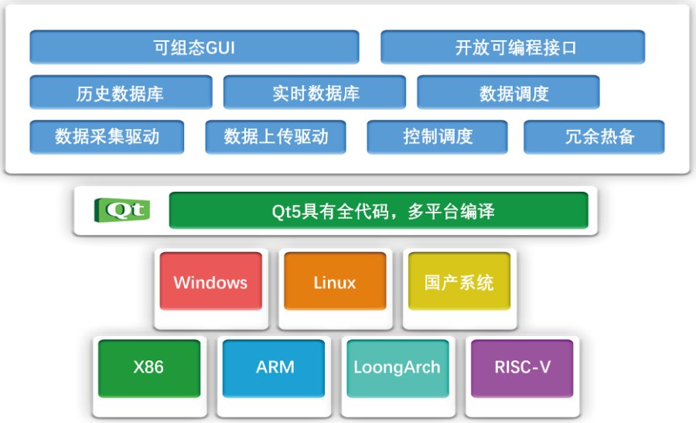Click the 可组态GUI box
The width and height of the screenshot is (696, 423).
click(194, 47)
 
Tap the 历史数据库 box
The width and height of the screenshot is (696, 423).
click(121, 93)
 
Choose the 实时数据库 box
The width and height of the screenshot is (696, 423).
click(315, 93)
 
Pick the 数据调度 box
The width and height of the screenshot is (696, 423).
click(508, 93)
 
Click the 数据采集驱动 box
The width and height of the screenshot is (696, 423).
click(107, 137)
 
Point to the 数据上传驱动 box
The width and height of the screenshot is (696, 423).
click(275, 137)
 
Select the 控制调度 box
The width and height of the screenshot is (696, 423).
click(438, 137)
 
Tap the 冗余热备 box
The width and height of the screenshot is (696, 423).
click(594, 137)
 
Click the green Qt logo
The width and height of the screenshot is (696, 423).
click(122, 210)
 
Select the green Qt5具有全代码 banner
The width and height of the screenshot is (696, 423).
click(378, 210)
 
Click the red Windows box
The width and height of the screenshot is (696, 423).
click(210, 281)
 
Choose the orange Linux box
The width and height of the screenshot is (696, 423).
click(335, 281)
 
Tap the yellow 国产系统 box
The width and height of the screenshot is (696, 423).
click(459, 281)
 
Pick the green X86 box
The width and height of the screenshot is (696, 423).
click(148, 367)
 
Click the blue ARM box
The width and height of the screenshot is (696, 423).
click(275, 367)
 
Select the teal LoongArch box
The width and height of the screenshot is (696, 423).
click(397, 367)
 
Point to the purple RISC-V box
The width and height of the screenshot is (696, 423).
click(523, 367)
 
